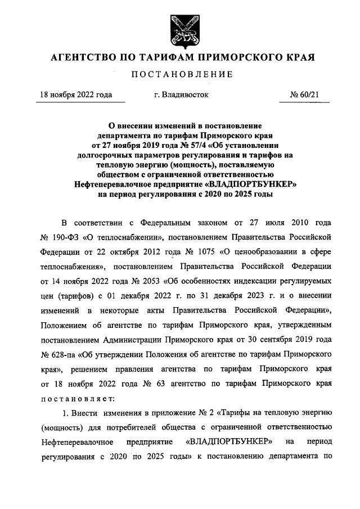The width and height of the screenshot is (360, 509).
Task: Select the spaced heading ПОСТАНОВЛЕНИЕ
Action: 181,75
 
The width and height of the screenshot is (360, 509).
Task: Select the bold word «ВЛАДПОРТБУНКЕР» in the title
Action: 249,183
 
